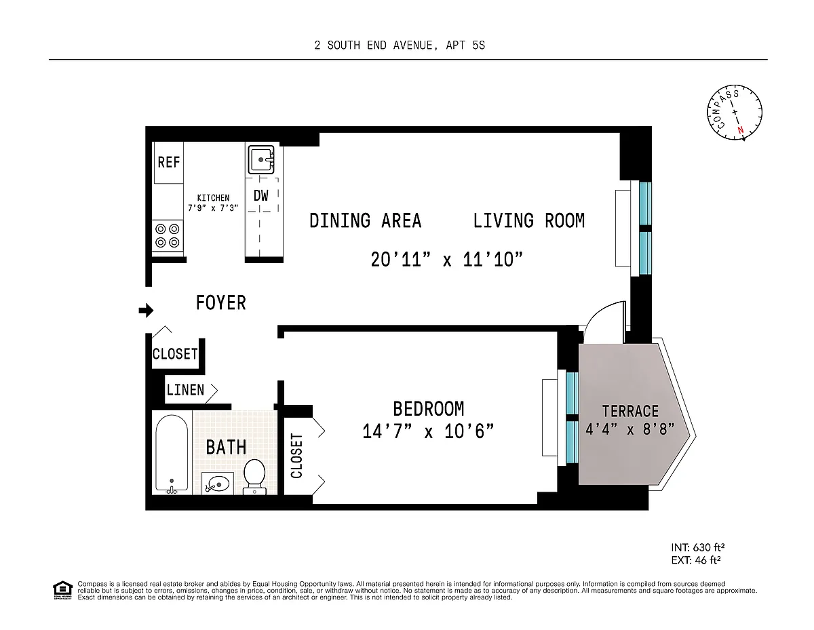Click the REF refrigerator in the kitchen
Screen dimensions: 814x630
tap(169, 163)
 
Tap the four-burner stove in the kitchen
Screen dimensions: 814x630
tap(168, 236)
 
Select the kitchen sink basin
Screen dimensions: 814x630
tap(261, 159)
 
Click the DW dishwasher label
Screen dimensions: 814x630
tap(261, 195)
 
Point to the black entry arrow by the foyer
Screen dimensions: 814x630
tap(146, 311)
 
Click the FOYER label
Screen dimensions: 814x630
tap(221, 303)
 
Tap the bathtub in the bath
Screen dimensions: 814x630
tap(172, 454)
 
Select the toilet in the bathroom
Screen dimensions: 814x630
tap(255, 477)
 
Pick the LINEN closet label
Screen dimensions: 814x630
tap(186, 390)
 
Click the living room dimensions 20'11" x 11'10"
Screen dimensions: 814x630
tap(446, 260)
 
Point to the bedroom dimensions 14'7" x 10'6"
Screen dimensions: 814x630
tap(428, 431)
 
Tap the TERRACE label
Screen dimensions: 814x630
tap(630, 412)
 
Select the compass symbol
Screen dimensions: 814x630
tap(734, 113)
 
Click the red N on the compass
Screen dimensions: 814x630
tap(740, 130)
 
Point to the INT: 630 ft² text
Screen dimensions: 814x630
tap(697, 548)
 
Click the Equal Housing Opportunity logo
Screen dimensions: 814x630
tap(62, 590)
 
